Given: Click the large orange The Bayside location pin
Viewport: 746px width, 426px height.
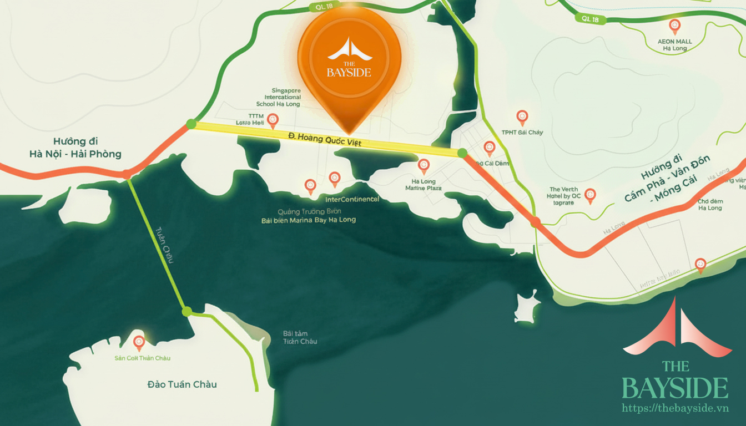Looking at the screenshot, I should click(349, 64).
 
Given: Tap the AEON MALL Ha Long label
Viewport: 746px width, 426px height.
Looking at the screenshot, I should click(674, 45).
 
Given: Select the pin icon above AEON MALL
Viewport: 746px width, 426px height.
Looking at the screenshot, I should click(675, 25).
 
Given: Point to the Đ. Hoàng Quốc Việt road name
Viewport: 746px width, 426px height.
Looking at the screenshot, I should click(325, 139).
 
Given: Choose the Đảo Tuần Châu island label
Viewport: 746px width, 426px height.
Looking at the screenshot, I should click(182, 384).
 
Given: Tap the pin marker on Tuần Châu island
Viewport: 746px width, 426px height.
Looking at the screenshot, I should click(139, 341).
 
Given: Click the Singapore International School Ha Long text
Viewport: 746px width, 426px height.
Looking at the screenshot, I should click(278, 97).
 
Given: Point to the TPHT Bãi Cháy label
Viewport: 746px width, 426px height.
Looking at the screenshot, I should click(522, 133).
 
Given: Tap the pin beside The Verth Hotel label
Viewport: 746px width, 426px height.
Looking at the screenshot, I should click(590, 194).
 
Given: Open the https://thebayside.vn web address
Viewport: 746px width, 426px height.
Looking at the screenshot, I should click(675, 408).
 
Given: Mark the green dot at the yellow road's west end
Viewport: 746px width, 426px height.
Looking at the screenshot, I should click(191, 124).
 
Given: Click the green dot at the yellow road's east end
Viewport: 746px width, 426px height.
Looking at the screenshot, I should click(462, 153).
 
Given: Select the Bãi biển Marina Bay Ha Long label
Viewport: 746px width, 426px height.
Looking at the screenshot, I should click(309, 220).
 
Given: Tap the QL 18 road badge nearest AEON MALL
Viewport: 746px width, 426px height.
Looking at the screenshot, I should click(591, 18).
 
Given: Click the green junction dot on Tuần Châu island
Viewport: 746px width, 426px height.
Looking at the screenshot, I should click(187, 311).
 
